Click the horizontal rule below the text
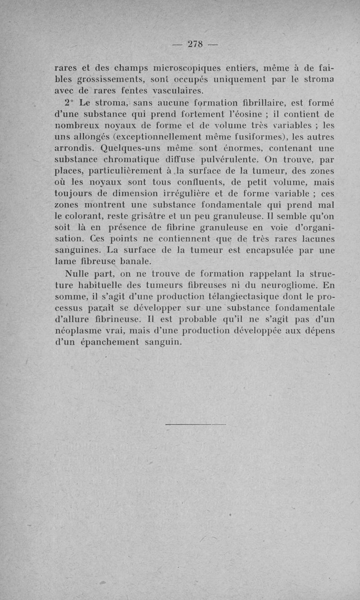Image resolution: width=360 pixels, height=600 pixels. pos(195,424)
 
